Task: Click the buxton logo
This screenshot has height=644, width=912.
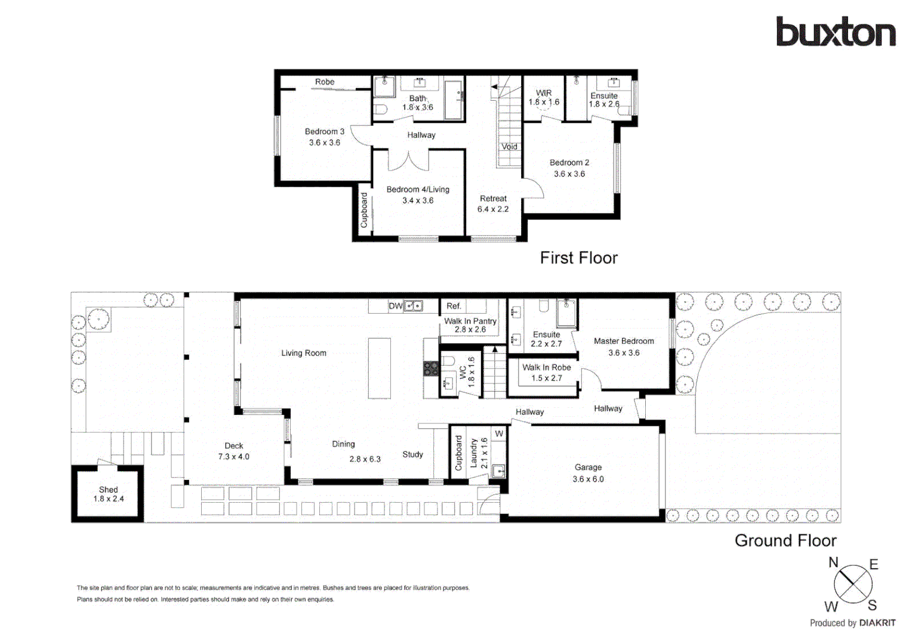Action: pyautogui.click(x=835, y=32)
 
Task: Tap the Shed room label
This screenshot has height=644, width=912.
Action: pyautogui.click(x=109, y=494)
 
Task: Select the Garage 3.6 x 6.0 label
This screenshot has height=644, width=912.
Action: pyautogui.click(x=588, y=473)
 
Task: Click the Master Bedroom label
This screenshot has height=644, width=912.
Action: pyautogui.click(x=624, y=346)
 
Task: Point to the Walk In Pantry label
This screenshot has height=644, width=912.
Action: pyautogui.click(x=470, y=325)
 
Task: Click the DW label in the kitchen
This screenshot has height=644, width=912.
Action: pyautogui.click(x=395, y=306)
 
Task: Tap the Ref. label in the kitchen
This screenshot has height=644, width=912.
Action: pyautogui.click(x=454, y=306)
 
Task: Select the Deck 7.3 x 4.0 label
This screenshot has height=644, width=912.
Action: pyautogui.click(x=234, y=451)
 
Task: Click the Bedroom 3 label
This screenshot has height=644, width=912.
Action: pyautogui.click(x=325, y=137)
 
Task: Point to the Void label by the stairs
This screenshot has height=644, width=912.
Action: pyautogui.click(x=509, y=147)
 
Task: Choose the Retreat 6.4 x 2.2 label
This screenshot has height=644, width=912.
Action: pyautogui.click(x=493, y=203)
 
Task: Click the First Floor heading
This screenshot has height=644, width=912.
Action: pyautogui.click(x=578, y=258)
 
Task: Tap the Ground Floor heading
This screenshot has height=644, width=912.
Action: pyautogui.click(x=785, y=540)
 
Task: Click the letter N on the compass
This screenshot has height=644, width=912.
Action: pyautogui.click(x=833, y=562)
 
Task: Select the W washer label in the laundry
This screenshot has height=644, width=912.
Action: pyautogui.click(x=499, y=434)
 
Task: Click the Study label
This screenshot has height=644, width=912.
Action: pyautogui.click(x=412, y=454)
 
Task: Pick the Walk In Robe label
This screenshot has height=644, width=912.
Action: pyautogui.click(x=547, y=372)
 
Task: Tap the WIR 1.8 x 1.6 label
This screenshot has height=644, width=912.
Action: pyautogui.click(x=544, y=97)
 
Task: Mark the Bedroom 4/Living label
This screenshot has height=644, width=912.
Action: pyautogui.click(x=418, y=194)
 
